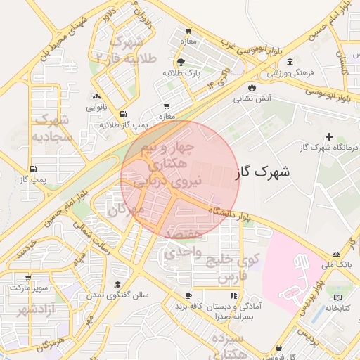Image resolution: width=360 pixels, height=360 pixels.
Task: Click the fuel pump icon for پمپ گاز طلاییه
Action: [x=124, y=114]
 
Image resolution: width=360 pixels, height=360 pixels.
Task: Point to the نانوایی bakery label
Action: [x=96, y=108]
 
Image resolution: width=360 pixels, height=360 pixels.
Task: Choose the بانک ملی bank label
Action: [x=335, y=264]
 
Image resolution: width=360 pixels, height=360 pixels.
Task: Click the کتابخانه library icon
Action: [x=340, y=297]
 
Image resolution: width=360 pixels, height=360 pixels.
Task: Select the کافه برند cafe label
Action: [x=189, y=307]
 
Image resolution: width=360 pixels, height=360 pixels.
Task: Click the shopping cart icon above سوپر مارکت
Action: [x=27, y=278]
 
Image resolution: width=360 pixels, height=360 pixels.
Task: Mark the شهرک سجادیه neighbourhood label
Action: [x=49, y=127]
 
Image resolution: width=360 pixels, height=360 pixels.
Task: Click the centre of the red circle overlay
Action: [x=180, y=179]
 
